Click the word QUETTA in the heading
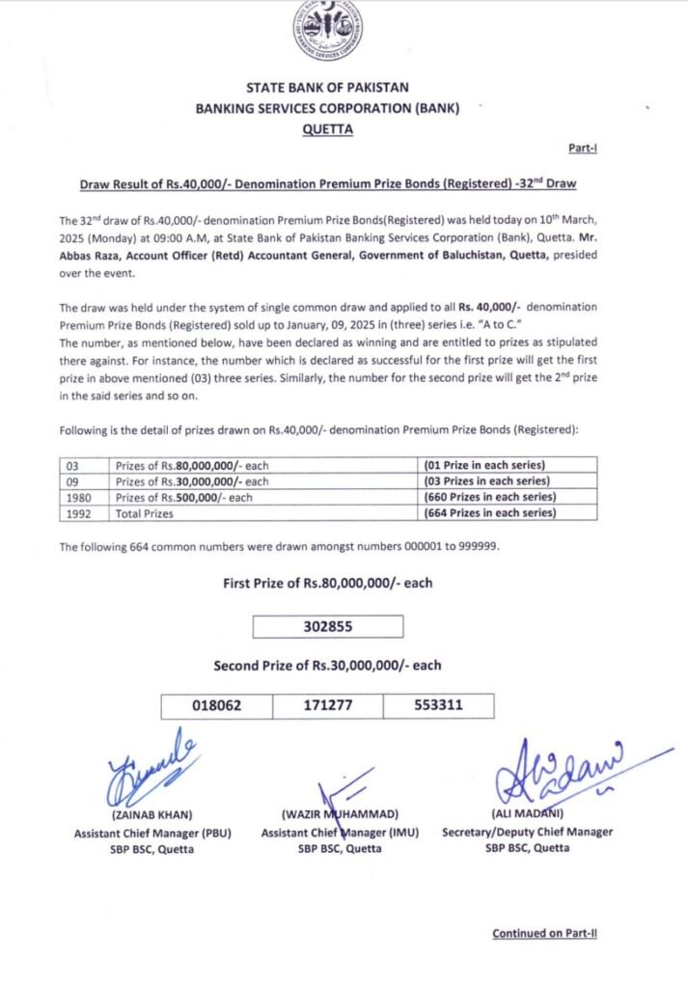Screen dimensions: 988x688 point(327,127)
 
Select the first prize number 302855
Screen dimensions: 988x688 point(328,626)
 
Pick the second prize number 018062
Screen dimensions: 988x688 point(217,705)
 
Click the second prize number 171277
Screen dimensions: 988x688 point(328,705)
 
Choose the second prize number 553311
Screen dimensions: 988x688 point(438,705)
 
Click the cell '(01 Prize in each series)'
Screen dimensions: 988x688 point(488,465)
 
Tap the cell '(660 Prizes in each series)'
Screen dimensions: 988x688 point(491,497)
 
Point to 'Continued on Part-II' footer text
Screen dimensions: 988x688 point(544,933)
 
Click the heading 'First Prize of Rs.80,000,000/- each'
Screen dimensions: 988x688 point(328,583)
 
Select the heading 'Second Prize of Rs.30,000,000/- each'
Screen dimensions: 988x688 point(328,666)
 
